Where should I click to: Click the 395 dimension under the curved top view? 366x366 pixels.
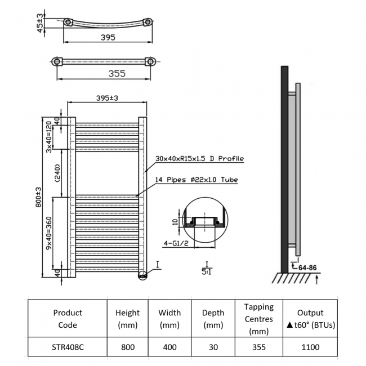(x=108, y=38)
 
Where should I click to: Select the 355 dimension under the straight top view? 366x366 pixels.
(x=108, y=73)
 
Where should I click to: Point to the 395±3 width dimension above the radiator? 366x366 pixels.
(x=107, y=98)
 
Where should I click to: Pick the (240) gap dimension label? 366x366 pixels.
(x=50, y=173)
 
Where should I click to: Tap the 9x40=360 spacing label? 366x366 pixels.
(x=50, y=233)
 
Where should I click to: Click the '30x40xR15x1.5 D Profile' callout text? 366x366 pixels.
(x=199, y=159)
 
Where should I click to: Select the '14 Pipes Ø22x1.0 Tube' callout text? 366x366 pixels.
(x=196, y=180)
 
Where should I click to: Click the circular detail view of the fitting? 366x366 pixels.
(x=206, y=220)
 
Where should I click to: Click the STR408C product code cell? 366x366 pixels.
(x=68, y=347)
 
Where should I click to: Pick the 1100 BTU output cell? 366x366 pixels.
(x=310, y=347)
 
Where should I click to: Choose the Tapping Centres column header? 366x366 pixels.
(x=258, y=319)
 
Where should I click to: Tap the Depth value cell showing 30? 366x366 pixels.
(x=213, y=347)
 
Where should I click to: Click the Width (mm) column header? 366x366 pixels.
(x=169, y=319)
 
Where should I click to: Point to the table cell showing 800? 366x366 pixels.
(x=127, y=347)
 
